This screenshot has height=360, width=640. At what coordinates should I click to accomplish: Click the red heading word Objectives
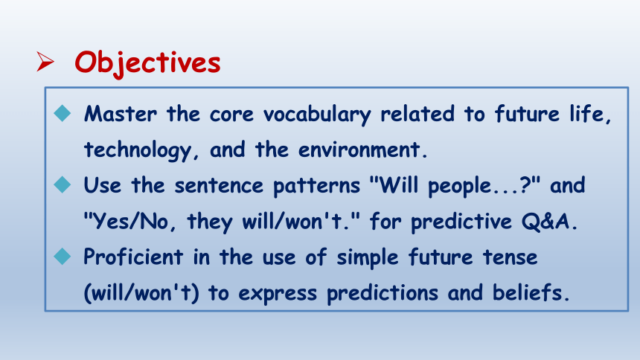coord(147,63)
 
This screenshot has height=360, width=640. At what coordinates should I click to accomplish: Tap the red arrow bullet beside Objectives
coord(45,62)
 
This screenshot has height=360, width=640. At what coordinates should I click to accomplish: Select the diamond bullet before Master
coord(63,113)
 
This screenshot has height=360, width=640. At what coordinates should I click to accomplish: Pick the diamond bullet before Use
coord(63,184)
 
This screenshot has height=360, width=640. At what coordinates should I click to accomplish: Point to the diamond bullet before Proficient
coord(63,257)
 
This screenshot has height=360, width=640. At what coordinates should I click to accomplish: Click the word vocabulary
coord(317,115)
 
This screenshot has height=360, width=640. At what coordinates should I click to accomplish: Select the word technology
coord(137,150)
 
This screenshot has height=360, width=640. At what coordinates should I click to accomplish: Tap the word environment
coord(359,150)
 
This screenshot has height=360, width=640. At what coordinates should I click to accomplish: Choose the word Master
coord(121,114)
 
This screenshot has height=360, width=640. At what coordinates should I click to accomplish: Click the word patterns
coord(316,186)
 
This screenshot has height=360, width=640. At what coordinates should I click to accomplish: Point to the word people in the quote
coord(459,187)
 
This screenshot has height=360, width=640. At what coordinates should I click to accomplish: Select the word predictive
coord(461,222)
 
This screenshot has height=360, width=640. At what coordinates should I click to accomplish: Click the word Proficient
coord(133,257)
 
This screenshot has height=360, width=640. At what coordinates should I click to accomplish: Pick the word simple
coord(368,258)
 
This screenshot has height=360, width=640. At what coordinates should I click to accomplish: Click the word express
coord(278,295)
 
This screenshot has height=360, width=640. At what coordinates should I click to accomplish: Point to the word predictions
coord(383,294)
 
